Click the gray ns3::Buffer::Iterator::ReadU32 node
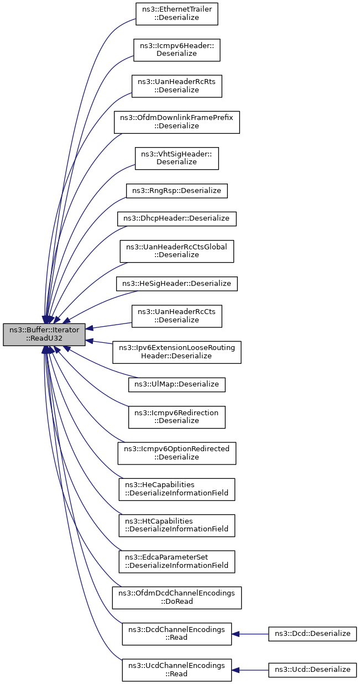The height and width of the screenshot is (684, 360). click(44, 335)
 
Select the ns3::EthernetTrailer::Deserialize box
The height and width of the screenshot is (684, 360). click(177, 13)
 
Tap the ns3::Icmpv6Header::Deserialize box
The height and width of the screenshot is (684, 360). click(177, 50)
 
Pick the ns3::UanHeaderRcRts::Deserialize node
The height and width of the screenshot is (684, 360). click(177, 86)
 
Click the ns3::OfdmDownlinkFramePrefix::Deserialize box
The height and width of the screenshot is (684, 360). click(177, 122)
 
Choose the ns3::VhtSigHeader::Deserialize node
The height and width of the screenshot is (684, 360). click(177, 158)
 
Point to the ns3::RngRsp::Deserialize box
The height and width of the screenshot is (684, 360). click(177, 191)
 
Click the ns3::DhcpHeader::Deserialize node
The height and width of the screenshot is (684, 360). click(177, 218)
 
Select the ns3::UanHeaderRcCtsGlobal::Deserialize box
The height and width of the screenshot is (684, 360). click(177, 250)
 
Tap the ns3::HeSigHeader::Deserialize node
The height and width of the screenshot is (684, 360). click(177, 284)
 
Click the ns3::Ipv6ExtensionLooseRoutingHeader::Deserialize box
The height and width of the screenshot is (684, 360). click(177, 352)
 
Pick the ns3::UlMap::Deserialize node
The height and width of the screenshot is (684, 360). click(177, 384)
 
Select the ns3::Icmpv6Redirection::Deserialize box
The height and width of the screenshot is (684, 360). click(177, 416)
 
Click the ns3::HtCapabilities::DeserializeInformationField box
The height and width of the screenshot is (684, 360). click(177, 525)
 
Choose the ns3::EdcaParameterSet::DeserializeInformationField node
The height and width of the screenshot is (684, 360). click(177, 561)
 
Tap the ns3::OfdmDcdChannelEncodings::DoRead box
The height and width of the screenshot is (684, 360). click(177, 598)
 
